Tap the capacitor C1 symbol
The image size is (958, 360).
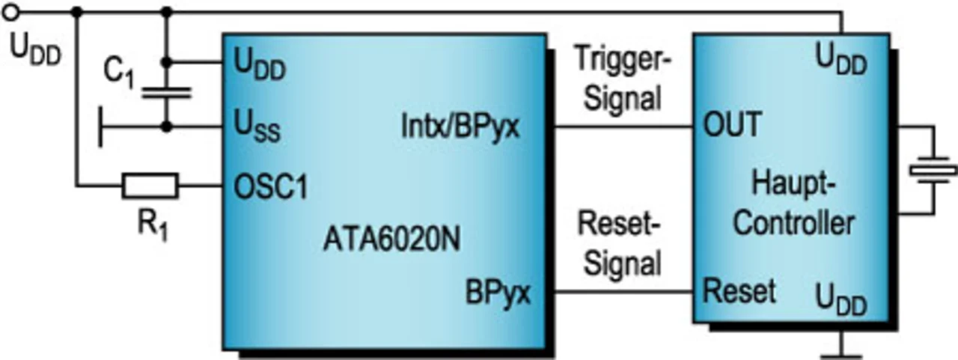166,93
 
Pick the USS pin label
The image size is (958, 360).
257,129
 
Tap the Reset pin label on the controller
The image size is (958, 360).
739,290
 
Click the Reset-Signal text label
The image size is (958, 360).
617,242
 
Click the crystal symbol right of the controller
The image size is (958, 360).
933,171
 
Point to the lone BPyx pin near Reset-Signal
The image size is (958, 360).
498,291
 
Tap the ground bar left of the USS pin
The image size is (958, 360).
100,128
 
